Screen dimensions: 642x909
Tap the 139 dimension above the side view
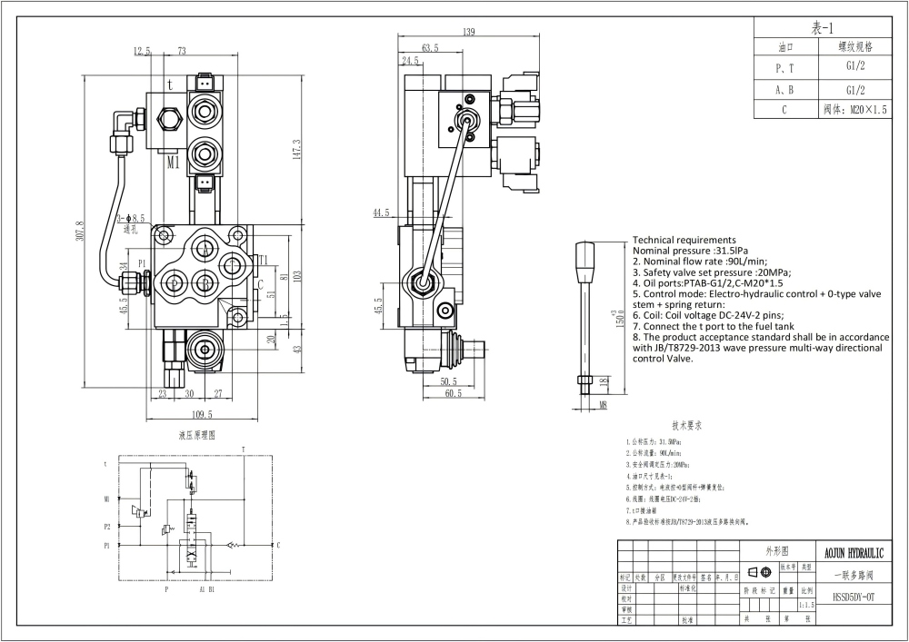(469, 33)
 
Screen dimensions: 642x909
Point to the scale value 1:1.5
(805, 603)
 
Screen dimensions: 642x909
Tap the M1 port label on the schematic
(106, 499)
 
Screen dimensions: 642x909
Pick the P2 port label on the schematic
(106, 526)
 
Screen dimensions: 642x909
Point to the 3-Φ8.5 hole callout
(131, 218)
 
